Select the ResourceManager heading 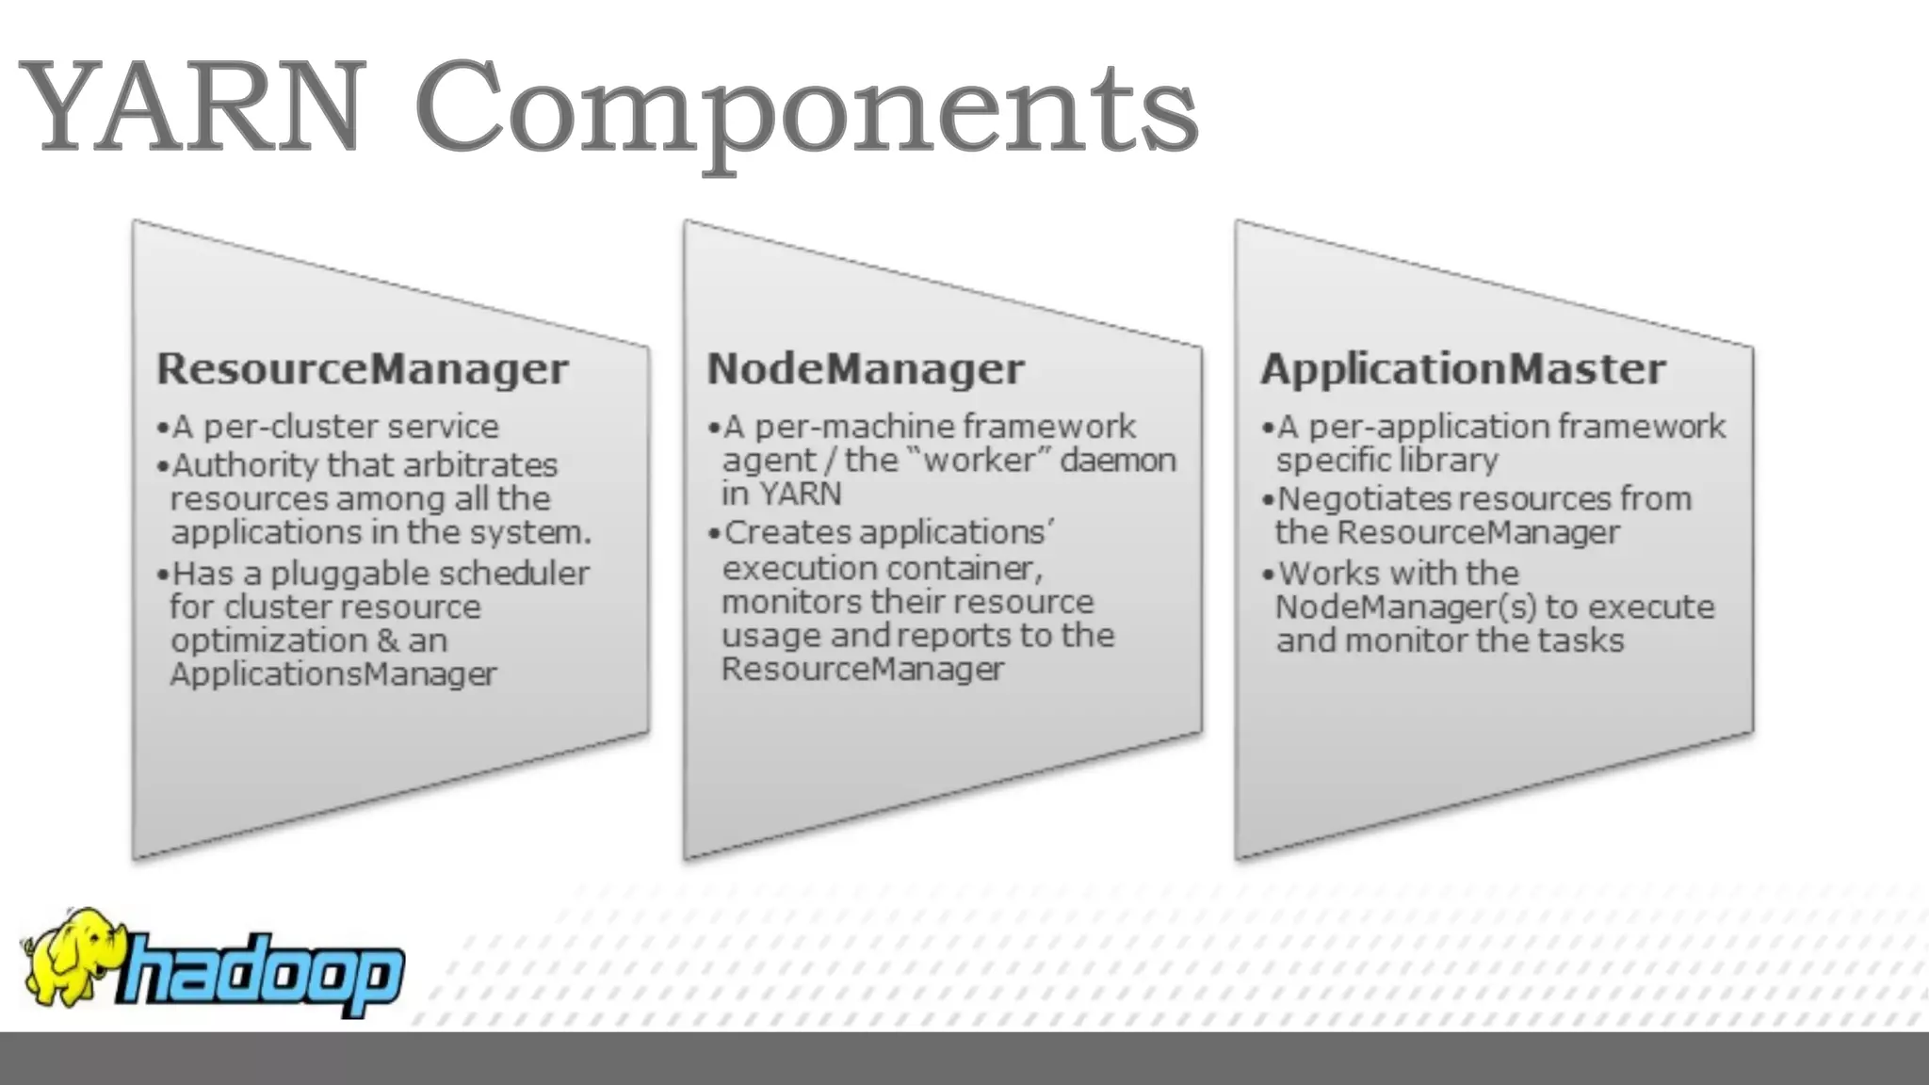pos(363,369)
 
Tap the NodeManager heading pos(865,369)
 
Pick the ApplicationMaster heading pos(1463,369)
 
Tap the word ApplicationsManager pos(333,674)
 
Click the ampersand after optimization pos(387,641)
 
